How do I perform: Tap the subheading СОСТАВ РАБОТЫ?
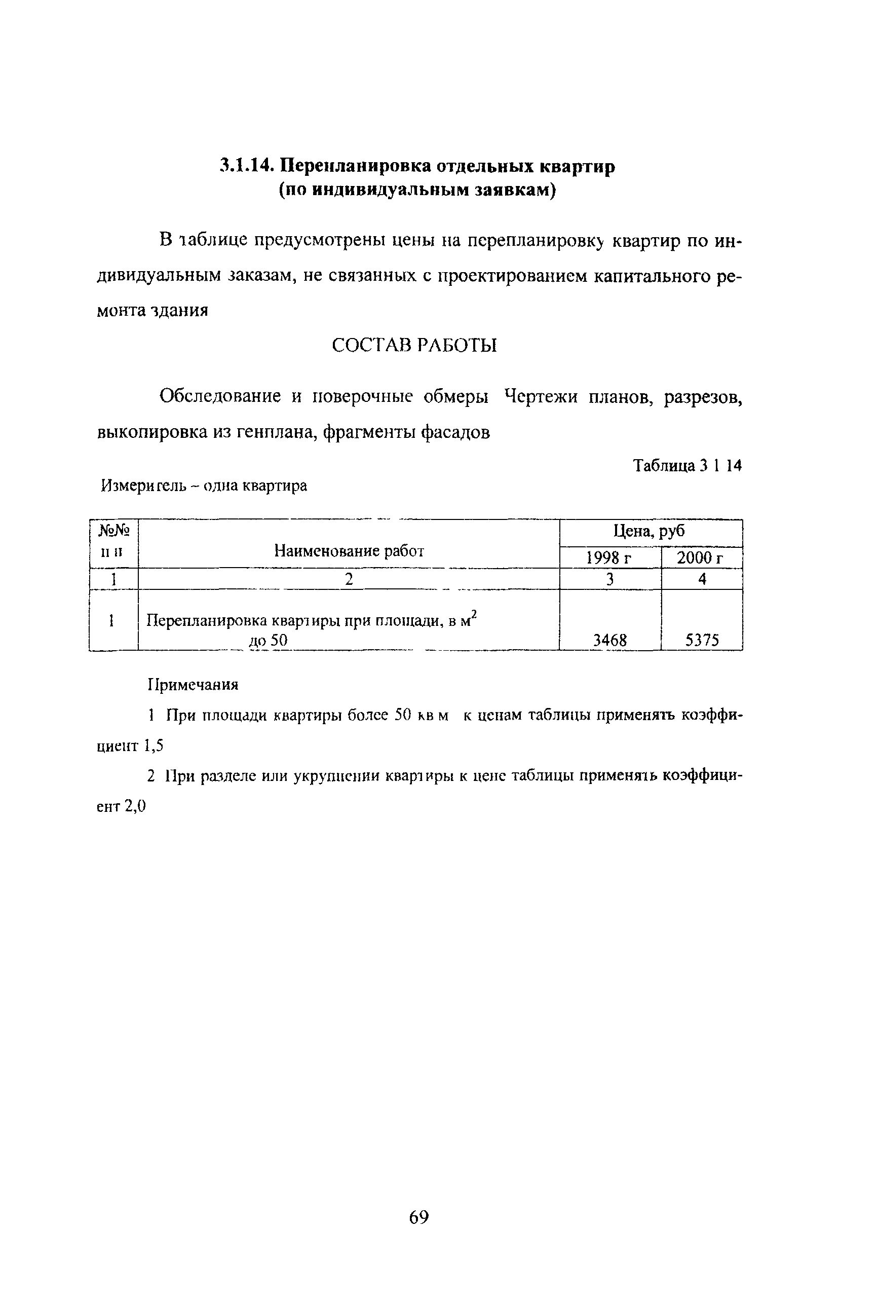pos(414,346)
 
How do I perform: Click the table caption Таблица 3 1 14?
pos(687,465)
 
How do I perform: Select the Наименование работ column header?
pos(349,551)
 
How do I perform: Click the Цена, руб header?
pos(650,531)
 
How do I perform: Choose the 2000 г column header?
pos(701,558)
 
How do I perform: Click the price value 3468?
pos(610,640)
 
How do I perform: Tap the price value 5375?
pos(702,640)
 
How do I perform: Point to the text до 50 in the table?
pos(268,640)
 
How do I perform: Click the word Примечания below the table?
pos(193,684)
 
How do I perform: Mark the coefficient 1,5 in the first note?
pos(153,745)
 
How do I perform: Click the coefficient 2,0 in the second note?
pos(135,806)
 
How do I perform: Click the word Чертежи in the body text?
pos(541,396)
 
